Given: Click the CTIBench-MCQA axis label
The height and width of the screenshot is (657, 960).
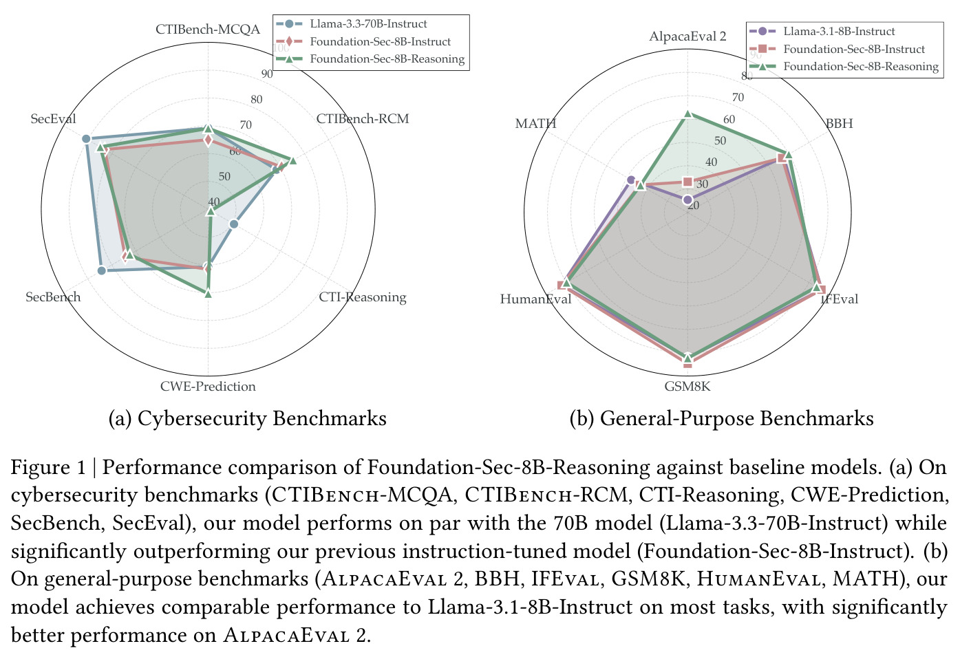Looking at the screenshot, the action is [207, 30].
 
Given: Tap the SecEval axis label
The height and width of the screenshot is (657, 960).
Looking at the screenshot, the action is [53, 119].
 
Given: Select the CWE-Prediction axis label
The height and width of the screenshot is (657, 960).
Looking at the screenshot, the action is [208, 386].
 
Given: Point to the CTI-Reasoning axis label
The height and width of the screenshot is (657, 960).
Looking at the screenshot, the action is [363, 297].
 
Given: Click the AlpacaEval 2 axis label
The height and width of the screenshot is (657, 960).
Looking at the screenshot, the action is [688, 36].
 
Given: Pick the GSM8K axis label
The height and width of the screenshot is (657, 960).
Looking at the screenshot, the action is [687, 387].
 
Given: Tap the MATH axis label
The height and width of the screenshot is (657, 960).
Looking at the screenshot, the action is [535, 124].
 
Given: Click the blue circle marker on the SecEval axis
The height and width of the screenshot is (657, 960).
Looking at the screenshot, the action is [86, 139].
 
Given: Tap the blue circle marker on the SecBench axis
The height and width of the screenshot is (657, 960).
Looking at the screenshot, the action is [102, 270].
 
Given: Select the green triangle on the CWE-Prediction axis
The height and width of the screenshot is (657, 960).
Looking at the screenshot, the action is [208, 294].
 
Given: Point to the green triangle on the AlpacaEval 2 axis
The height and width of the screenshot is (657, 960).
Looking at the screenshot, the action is [688, 114].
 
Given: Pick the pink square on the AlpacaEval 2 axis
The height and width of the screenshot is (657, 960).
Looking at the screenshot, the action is [688, 182].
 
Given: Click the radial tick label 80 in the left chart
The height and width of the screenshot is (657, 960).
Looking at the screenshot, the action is [256, 100].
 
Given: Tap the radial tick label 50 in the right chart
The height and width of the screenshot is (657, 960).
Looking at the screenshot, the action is [720, 140].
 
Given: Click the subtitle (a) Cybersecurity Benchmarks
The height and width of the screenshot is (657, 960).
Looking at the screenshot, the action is [247, 418].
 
